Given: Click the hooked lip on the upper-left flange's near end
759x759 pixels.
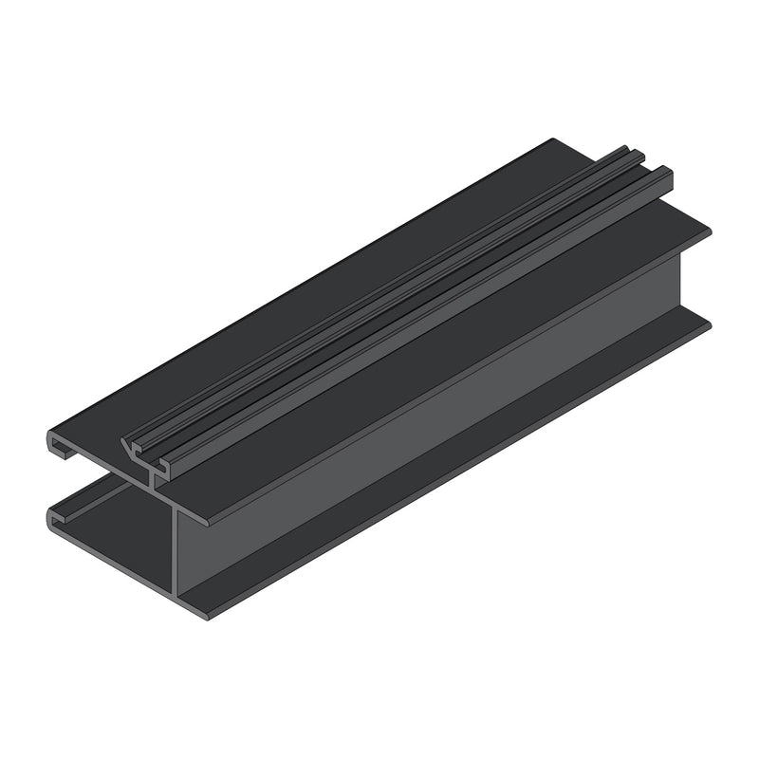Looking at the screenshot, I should pyautogui.click(x=54, y=445).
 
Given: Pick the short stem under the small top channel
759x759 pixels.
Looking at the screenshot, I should pyautogui.click(x=153, y=479).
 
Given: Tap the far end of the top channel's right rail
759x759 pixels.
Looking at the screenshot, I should pyautogui.click(x=667, y=174).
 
